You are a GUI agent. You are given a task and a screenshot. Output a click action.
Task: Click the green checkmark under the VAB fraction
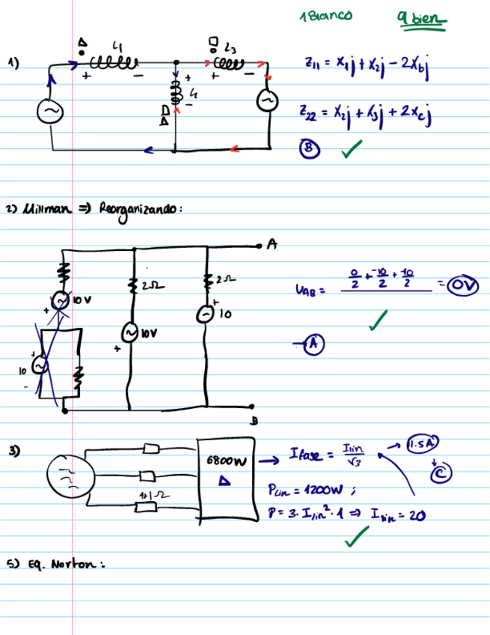[381, 322]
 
